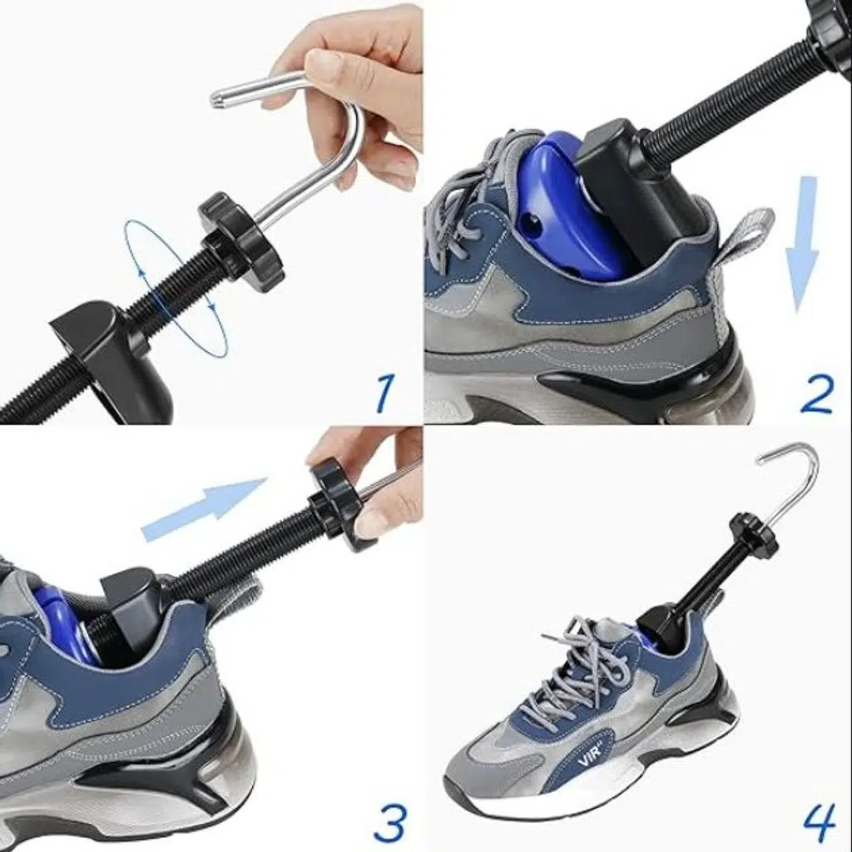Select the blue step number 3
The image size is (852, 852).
coord(389,822)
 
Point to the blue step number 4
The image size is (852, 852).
coord(819,822)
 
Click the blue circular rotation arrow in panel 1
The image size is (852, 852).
coord(175,289)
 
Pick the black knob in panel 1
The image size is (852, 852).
coord(237,234)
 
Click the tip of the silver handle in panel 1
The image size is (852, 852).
coord(215,97)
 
